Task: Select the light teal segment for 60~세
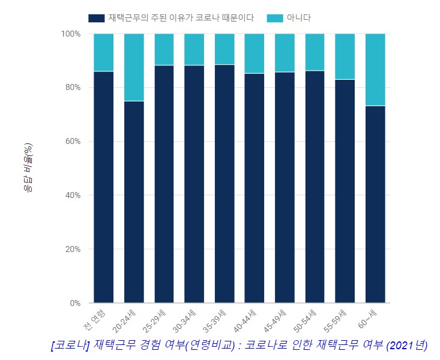pos(375,70)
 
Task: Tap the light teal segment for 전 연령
pos(104,52)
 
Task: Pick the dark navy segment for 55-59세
pos(345,191)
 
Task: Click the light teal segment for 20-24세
pos(134,67)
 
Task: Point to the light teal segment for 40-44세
pos(255,53)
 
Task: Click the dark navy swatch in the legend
pos(96,18)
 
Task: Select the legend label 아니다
pos(299,18)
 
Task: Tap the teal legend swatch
pos(274,18)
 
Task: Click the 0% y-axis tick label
pos(74,303)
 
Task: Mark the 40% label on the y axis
pos(72,196)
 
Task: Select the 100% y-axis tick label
pos(70,34)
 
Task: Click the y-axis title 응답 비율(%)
pos(28,168)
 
